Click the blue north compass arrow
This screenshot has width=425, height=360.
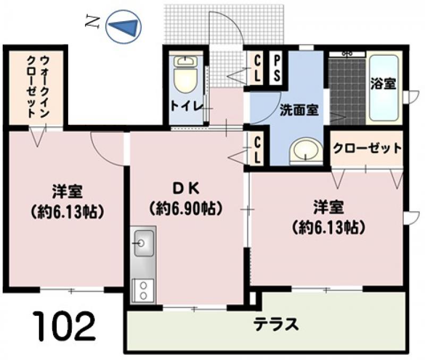pyautogui.click(x=125, y=27)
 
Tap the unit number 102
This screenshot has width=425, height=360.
pyautogui.click(x=65, y=327)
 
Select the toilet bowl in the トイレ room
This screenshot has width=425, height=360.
pyautogui.click(x=185, y=75)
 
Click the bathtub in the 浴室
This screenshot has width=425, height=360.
pyautogui.click(x=384, y=88)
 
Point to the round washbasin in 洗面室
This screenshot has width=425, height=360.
pyautogui.click(x=306, y=150)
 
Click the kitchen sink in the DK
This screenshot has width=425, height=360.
pyautogui.click(x=143, y=243)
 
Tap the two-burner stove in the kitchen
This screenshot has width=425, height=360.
pyautogui.click(x=142, y=290)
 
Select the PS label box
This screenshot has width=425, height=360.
pyautogui.click(x=276, y=69)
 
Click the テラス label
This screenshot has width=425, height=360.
pyautogui.click(x=276, y=324)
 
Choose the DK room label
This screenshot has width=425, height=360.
pyautogui.click(x=186, y=189)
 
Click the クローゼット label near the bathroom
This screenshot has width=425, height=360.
pyautogui.click(x=367, y=148)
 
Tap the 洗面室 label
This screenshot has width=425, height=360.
pyautogui.click(x=299, y=110)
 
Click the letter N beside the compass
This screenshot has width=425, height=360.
pyautogui.click(x=91, y=21)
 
